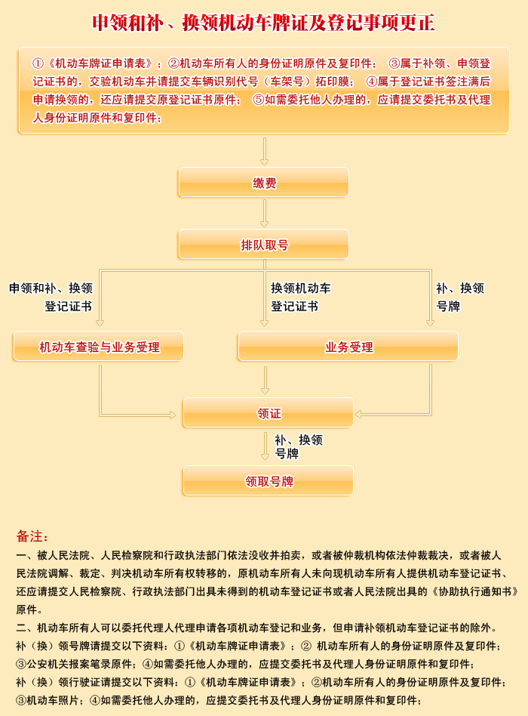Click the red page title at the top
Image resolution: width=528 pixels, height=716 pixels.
click(263, 23)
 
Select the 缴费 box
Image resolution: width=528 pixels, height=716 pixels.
click(263, 182)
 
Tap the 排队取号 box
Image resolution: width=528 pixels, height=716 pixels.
click(263, 244)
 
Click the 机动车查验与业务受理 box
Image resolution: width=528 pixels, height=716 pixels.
click(99, 346)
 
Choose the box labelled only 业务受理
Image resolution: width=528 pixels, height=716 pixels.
click(348, 346)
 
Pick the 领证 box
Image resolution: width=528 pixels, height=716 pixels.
click(268, 413)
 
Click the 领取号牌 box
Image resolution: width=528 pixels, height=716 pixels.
click(268, 480)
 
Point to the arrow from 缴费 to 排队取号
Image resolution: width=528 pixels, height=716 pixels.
click(264, 213)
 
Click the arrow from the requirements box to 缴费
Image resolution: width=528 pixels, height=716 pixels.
click(264, 151)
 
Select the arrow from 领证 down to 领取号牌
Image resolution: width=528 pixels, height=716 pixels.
click(265, 446)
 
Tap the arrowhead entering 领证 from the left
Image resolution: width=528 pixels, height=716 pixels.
click(173, 415)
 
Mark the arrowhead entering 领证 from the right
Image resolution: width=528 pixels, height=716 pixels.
click(358, 415)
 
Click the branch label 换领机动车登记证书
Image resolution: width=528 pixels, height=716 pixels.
click(301, 298)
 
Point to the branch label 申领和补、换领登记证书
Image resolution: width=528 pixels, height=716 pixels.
click(51, 298)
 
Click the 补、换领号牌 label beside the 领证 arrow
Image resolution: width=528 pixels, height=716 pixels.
click(299, 446)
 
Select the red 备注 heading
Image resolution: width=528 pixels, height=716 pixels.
click(32, 535)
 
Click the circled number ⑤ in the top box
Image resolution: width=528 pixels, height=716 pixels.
click(259, 100)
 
